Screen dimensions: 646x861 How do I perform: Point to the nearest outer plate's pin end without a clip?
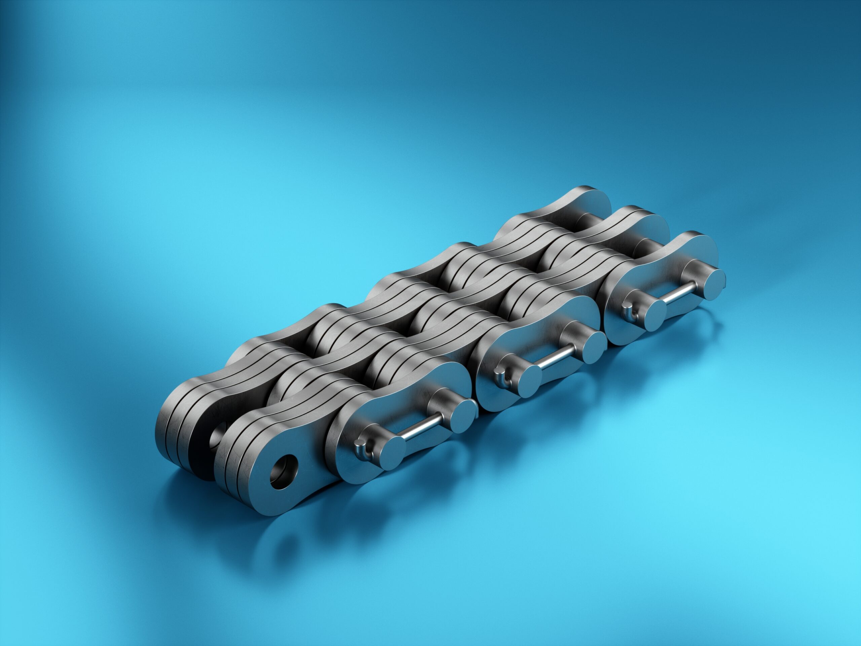463,416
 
